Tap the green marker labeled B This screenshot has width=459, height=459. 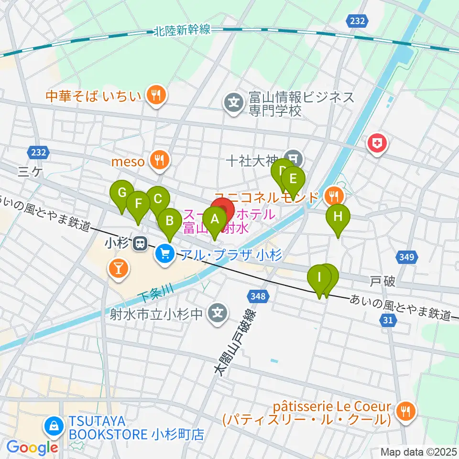pyautogui.click(x=169, y=221)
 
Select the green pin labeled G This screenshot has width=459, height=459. pyautogui.click(x=122, y=194)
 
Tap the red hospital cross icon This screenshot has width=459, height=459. pyautogui.click(x=377, y=143)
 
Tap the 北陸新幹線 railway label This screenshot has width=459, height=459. pyautogui.click(x=182, y=31)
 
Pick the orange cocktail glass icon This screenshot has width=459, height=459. pyautogui.click(x=119, y=268)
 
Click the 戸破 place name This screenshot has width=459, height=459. pyautogui.click(x=382, y=281)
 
